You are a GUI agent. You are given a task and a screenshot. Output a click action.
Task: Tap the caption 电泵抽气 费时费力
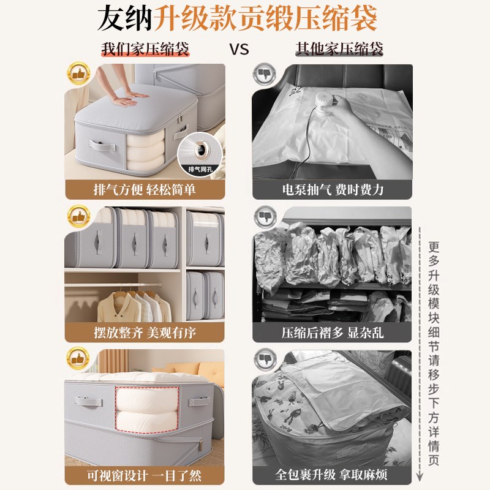click(333, 189)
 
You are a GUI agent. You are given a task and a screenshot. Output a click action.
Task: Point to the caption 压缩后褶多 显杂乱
click(333, 333)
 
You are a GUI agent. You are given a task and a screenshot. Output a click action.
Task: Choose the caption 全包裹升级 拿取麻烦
click(333, 475)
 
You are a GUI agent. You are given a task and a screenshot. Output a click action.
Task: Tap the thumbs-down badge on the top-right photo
click(264, 74)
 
